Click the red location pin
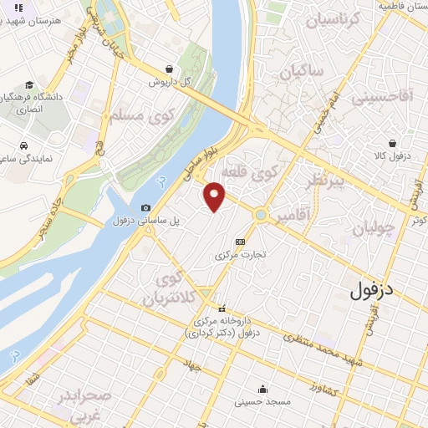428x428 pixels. (215, 196)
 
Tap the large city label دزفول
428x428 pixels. (374, 292)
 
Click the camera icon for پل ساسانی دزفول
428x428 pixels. (146, 207)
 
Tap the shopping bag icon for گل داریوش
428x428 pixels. (170, 69)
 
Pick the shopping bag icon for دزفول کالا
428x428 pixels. (391, 143)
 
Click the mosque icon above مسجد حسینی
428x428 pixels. (262, 388)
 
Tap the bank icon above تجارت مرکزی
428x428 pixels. (241, 241)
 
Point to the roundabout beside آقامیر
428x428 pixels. (262, 215)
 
